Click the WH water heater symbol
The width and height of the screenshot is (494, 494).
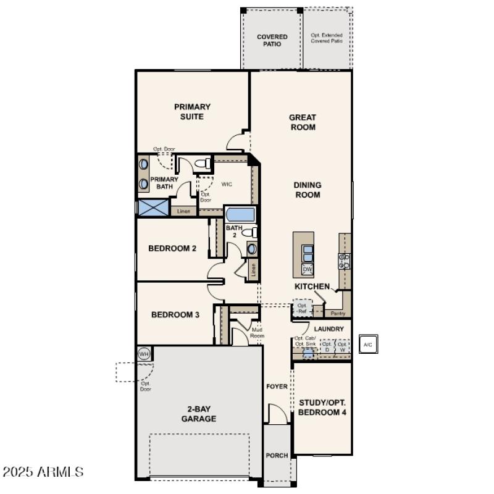[144, 354]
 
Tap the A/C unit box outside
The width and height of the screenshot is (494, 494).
[367, 344]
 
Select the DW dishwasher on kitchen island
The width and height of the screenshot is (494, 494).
[307, 269]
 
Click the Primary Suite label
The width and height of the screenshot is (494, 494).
[192, 111]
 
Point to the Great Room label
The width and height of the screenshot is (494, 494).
[303, 122]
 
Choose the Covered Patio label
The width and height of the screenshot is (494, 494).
[272, 41]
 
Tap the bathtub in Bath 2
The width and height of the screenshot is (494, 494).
[240, 216]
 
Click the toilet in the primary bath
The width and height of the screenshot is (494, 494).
[199, 164]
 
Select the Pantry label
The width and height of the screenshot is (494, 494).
[338, 313]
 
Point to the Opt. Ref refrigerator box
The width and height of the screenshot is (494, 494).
[302, 308]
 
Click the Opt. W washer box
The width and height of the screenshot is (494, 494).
[342, 346]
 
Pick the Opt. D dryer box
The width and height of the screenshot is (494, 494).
[327, 346]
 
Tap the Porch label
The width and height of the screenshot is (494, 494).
[277, 456]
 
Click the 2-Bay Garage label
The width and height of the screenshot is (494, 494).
[198, 413]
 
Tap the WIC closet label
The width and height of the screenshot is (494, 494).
[227, 184]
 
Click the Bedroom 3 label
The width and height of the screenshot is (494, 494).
[175, 314]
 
